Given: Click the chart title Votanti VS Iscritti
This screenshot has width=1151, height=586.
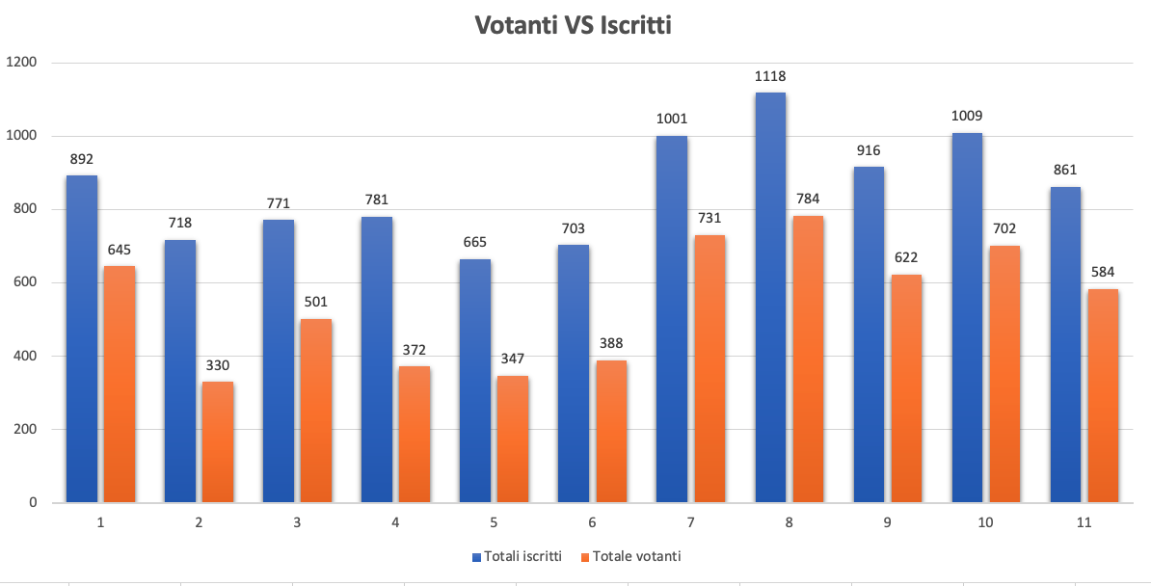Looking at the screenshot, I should point(574,26).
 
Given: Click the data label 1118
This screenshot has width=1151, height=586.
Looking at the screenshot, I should point(770,76).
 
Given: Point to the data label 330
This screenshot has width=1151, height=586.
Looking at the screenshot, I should point(218,365).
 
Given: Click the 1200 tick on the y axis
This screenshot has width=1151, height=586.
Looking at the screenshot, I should point(20,63).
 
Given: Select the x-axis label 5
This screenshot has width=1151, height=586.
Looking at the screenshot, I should point(494,521).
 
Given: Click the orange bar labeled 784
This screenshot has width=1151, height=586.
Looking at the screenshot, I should point(808,359).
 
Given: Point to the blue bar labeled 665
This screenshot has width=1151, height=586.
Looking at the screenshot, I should point(475,381).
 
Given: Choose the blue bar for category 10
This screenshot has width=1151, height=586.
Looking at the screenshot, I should point(967,317).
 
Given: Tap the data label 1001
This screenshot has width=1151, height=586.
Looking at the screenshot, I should point(672,120).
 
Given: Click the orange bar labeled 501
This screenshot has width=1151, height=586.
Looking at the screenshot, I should point(316,411).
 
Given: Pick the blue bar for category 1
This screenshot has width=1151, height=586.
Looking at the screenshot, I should point(82,338).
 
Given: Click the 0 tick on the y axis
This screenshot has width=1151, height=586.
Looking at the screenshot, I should point(32,502).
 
